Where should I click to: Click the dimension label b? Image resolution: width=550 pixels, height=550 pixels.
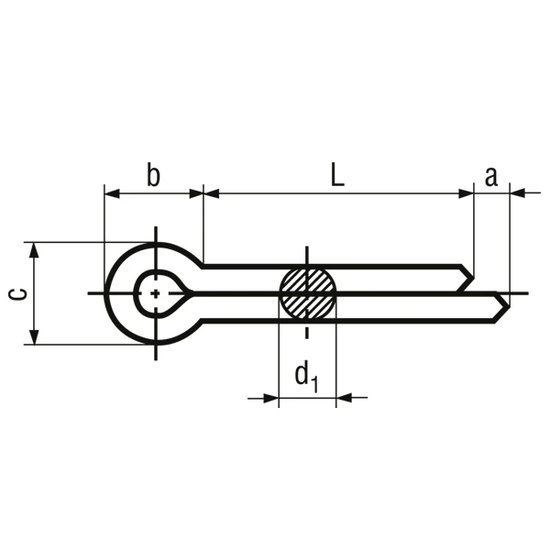(x=153, y=175)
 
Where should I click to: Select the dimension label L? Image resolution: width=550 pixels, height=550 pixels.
(x=337, y=176)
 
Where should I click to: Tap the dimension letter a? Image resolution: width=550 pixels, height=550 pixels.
(x=491, y=176)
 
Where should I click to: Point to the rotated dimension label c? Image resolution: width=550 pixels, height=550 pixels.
(x=16, y=293)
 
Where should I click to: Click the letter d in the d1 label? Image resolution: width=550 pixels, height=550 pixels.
(x=300, y=374)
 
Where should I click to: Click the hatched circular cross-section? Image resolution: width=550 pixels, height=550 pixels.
(x=308, y=293)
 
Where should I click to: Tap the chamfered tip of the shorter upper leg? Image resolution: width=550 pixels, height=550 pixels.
(x=469, y=274)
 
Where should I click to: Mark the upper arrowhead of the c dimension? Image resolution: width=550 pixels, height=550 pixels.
(x=34, y=248)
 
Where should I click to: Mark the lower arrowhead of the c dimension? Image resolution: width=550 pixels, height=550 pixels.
(x=34, y=338)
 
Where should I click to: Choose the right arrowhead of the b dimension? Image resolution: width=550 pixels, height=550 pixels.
(x=195, y=192)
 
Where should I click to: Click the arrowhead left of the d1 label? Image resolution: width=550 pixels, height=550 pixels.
(x=271, y=398)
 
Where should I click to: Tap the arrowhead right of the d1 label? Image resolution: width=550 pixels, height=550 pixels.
(x=345, y=398)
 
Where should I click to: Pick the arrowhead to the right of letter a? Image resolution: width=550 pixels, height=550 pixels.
(x=515, y=192)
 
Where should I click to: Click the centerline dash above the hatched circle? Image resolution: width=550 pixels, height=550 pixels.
(x=308, y=256)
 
